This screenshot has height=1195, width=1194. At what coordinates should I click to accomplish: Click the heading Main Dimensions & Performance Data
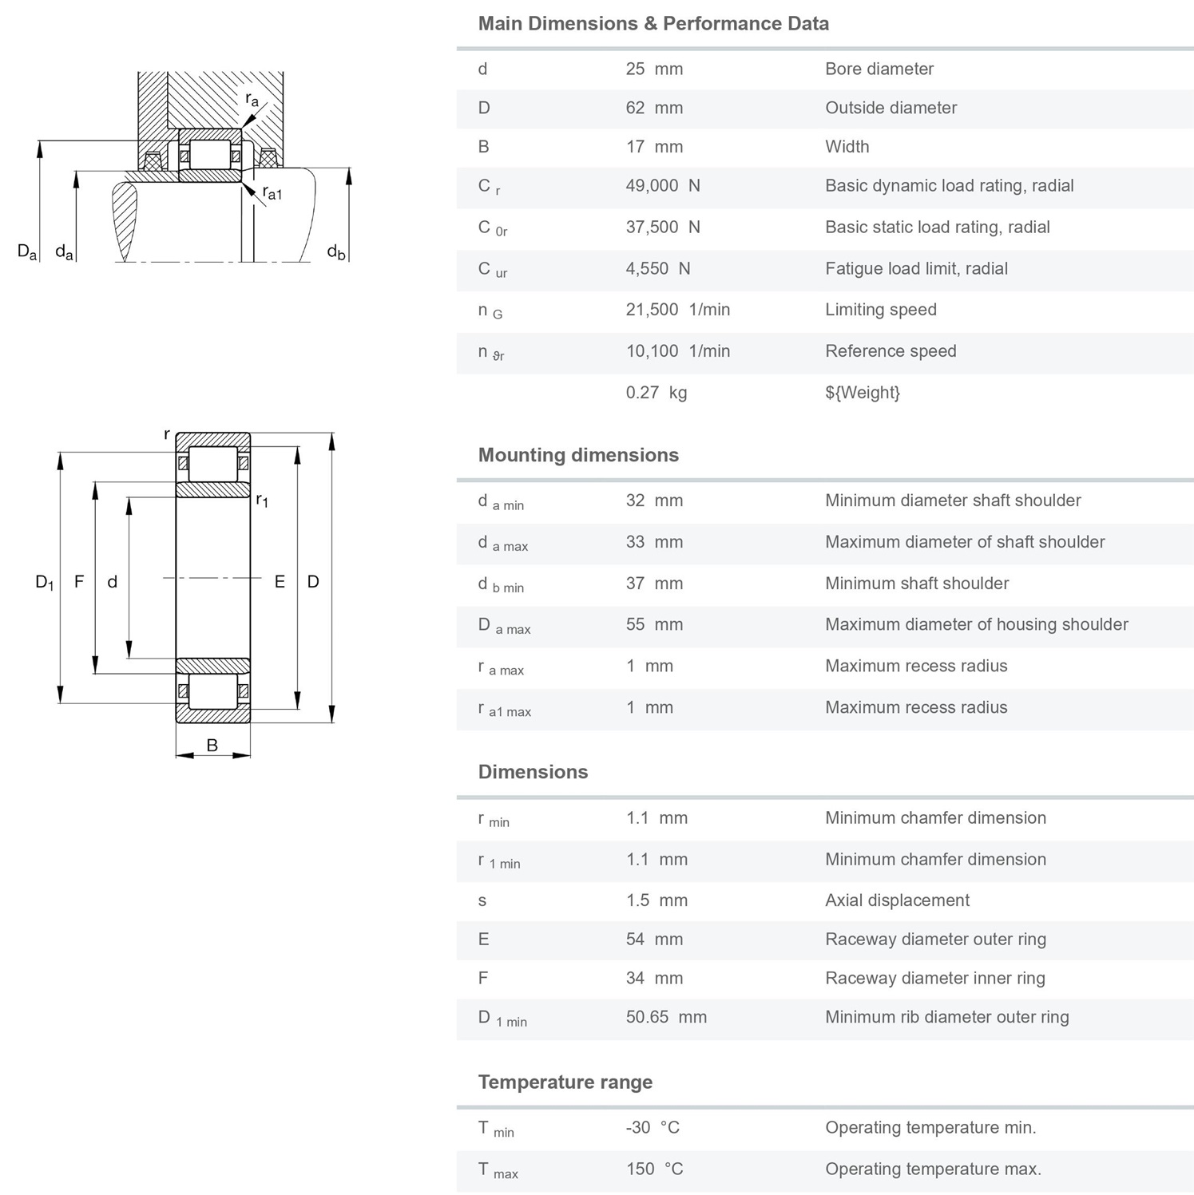point(653,24)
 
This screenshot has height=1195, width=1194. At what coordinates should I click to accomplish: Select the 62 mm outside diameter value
point(654,108)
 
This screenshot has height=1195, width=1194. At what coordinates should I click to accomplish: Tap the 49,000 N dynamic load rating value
point(662,186)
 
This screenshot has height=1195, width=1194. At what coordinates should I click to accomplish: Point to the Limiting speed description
point(880,310)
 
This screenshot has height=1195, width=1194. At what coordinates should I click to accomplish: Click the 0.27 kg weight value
point(656,393)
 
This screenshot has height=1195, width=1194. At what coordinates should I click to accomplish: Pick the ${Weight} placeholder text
point(862,393)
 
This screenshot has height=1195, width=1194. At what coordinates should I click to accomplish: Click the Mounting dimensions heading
point(577,455)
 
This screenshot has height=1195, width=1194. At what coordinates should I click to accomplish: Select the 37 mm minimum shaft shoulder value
point(654,584)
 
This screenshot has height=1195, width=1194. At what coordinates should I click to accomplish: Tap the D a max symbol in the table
point(503,626)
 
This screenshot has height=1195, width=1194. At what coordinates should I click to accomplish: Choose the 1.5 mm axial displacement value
point(657,900)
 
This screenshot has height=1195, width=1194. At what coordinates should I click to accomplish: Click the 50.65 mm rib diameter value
point(666,1017)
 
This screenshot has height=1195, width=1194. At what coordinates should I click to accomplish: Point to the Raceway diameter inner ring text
point(934,978)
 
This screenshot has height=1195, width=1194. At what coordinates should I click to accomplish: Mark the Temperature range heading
point(565,1082)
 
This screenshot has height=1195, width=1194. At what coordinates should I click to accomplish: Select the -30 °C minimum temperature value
point(653,1128)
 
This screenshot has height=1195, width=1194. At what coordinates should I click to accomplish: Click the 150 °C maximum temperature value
point(654,1169)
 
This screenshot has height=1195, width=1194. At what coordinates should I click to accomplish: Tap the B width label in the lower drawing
point(212,746)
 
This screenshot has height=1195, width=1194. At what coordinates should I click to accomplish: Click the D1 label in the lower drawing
point(45,582)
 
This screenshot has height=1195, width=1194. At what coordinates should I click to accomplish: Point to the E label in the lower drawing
point(280,582)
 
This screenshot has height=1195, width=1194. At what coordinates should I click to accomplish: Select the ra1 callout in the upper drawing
point(272,193)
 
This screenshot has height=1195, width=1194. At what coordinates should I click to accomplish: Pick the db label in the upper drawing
point(336,252)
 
